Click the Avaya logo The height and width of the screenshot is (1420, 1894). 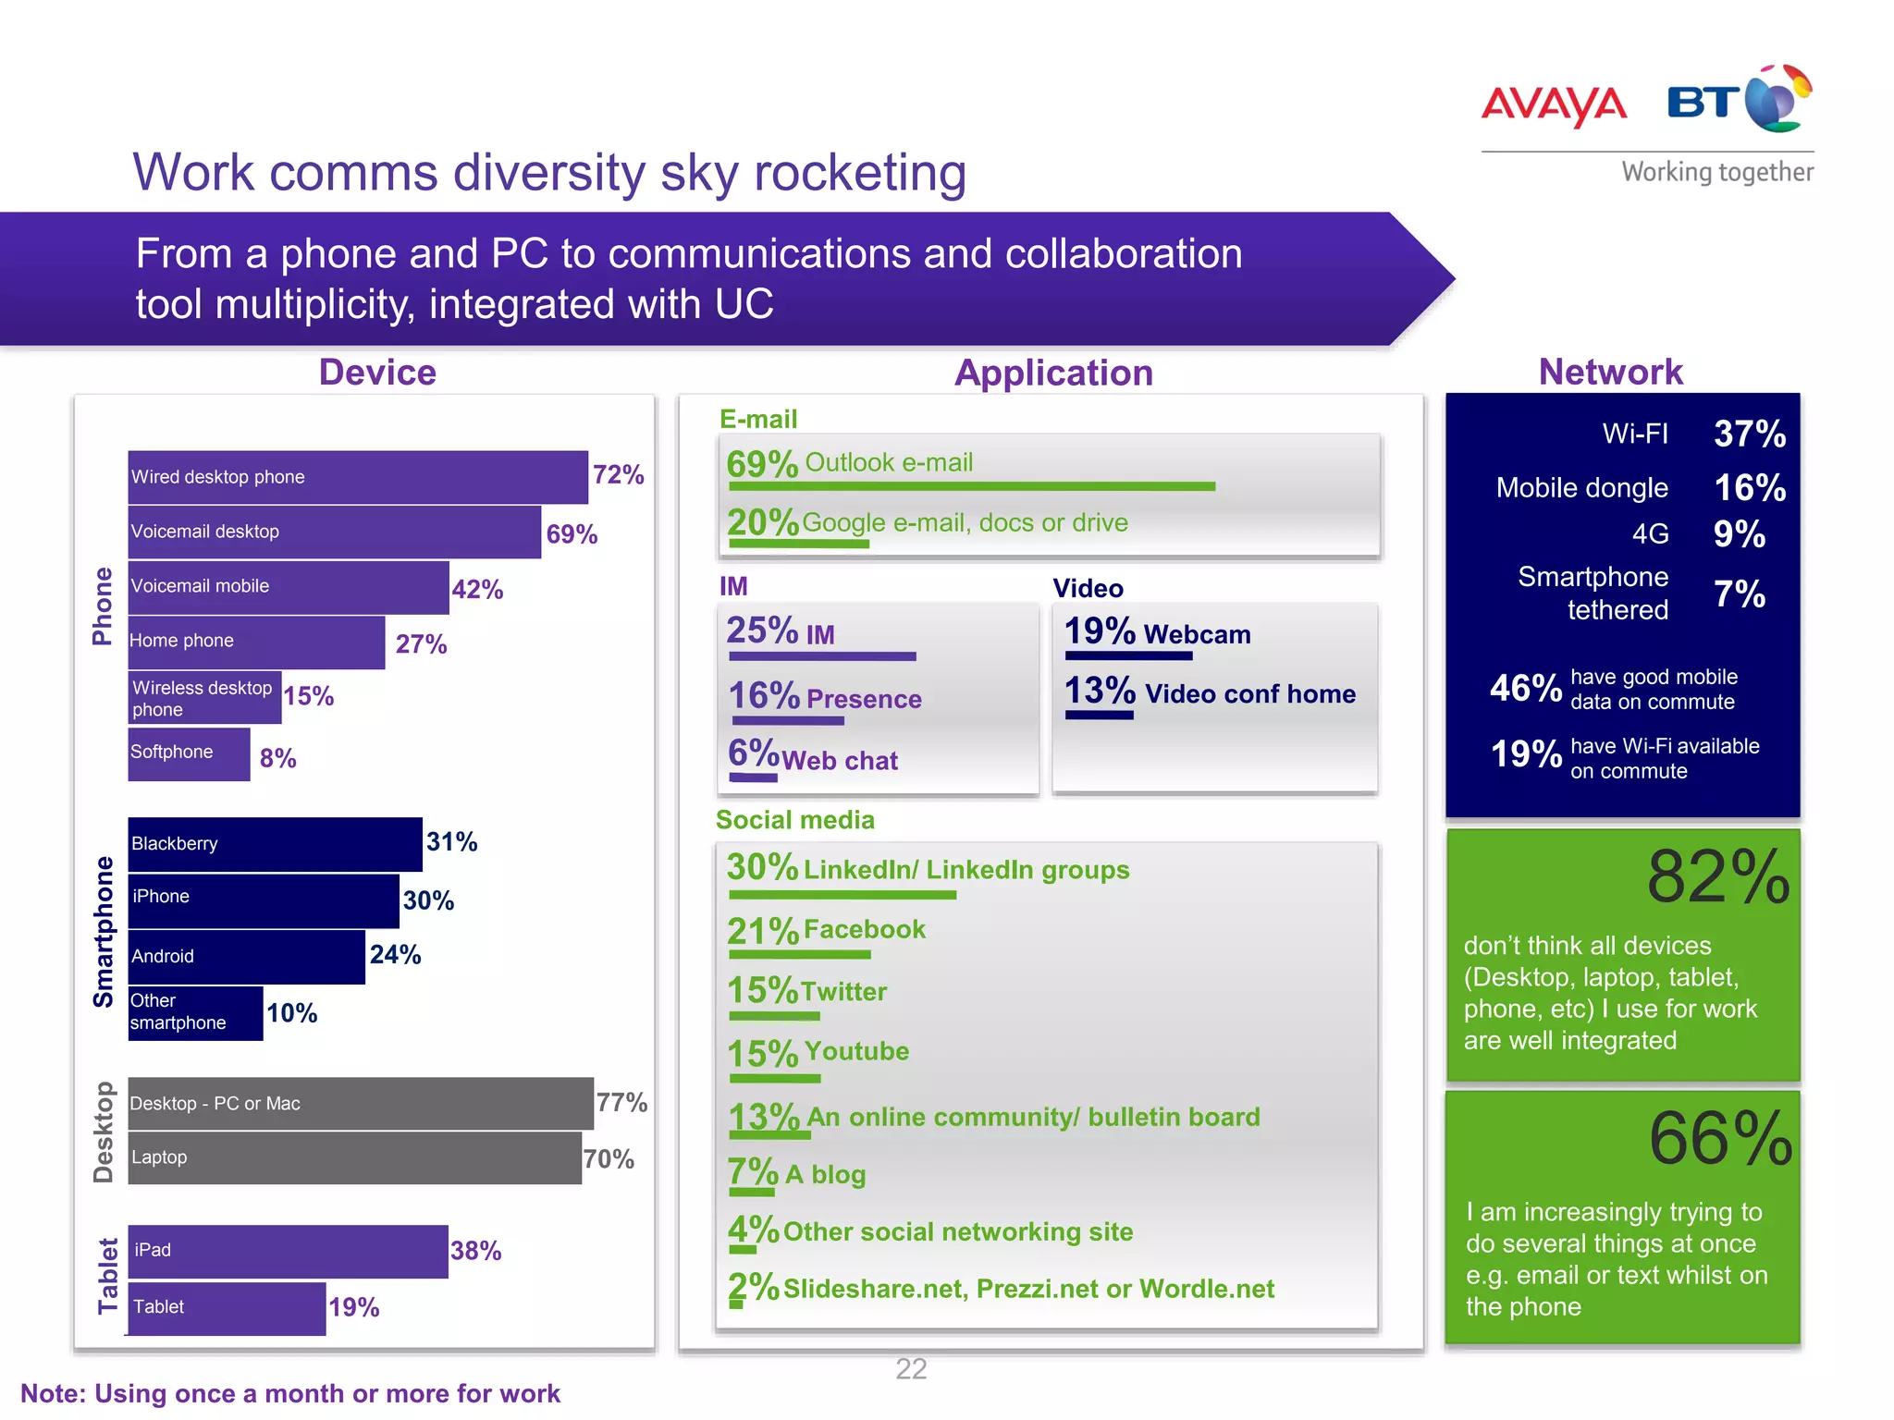1554,104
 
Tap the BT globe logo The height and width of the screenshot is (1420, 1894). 1777,99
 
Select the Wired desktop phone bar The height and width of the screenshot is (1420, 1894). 358,477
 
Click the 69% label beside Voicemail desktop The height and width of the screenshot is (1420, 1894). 572,534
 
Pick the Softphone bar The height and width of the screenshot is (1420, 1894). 189,754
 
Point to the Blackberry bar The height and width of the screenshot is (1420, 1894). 275,844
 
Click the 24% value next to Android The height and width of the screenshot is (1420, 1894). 396,955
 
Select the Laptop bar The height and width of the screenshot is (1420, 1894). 354,1158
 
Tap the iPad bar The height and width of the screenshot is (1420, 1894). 288,1252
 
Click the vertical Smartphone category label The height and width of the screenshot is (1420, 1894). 104,931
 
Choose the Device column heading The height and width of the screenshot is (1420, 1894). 377,373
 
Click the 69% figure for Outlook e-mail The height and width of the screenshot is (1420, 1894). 762,463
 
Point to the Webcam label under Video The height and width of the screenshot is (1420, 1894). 1197,634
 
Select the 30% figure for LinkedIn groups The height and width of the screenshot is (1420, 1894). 762,867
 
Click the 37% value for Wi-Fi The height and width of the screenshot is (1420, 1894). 1750,434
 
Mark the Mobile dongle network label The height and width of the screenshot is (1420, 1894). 1581,488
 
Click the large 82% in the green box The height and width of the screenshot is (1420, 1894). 1718,877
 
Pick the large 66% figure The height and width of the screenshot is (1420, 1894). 1720,1140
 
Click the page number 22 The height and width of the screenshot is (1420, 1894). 911,1369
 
